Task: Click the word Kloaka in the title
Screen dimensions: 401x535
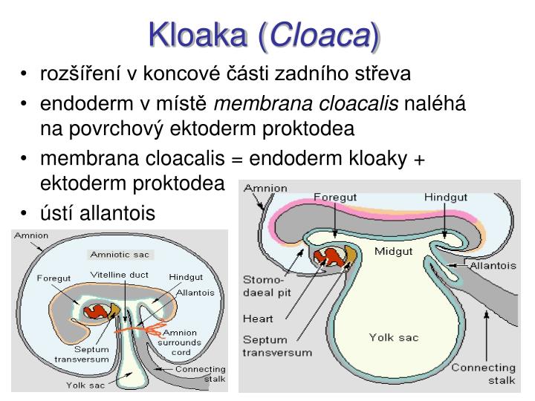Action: coord(198,33)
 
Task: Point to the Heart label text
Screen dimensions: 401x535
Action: coord(259,320)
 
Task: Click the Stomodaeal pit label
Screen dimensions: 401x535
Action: coord(264,287)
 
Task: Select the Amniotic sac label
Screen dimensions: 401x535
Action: coord(120,254)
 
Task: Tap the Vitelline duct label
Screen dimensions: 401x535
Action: coord(120,275)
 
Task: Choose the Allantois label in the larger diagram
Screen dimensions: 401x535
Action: coord(497,264)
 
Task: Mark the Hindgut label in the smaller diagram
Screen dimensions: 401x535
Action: coord(186,277)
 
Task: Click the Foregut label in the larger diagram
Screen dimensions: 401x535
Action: coord(336,197)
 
